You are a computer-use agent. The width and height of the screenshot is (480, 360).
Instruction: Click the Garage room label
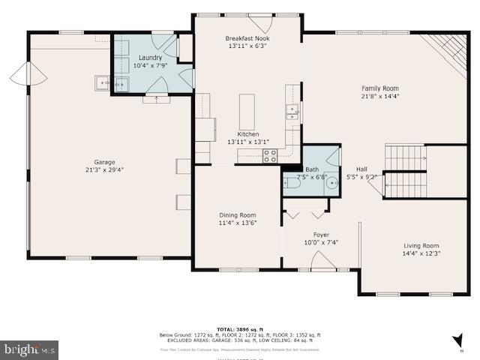[x=104, y=161]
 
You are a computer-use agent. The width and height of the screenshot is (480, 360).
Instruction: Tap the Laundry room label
[x=150, y=58]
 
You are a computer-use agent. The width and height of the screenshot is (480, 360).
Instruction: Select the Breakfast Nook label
[x=247, y=38]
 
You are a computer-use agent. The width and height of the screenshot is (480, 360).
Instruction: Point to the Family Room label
[x=380, y=88]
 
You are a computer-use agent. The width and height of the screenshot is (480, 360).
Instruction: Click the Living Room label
[x=421, y=245]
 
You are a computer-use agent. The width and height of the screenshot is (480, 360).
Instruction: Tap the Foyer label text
[x=321, y=235]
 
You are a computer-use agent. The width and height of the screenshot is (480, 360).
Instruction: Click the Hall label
[x=361, y=169]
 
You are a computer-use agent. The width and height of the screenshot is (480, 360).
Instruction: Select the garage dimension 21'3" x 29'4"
[x=104, y=169]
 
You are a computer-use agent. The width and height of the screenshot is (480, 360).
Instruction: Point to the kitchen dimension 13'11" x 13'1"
[x=247, y=142]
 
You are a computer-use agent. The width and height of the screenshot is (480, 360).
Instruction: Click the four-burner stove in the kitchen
[x=269, y=156]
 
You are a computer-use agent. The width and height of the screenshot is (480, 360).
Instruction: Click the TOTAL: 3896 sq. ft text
[x=237, y=329]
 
